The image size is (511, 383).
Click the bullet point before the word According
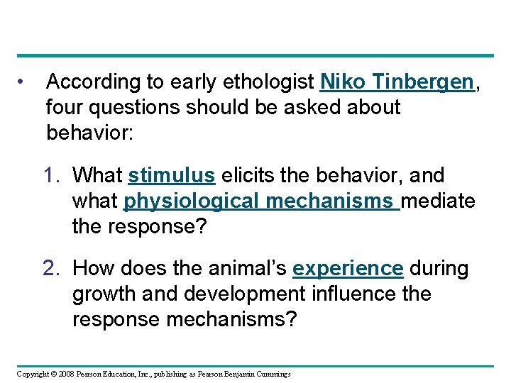point(23,82)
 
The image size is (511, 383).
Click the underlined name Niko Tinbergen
point(397,82)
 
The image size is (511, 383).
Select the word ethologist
point(266,83)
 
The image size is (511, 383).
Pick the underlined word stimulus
point(172,175)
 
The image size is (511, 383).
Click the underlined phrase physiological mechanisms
point(261,201)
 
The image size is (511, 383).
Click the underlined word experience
point(348,269)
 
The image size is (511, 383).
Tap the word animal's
point(245,269)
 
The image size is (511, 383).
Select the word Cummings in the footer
point(274,374)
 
